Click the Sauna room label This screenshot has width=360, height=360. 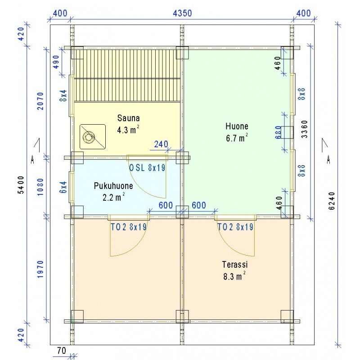point(128,118)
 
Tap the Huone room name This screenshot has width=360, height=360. point(237,126)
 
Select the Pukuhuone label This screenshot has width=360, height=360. point(113,186)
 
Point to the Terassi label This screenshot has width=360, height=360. point(235,265)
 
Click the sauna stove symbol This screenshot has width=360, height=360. point(93,137)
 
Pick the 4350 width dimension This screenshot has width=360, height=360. point(182,13)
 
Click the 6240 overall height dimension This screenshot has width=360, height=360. point(332,201)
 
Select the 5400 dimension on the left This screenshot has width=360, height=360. point(21,185)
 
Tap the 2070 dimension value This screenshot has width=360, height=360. point(40,101)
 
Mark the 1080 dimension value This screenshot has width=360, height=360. point(40,187)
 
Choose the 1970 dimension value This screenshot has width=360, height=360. point(40,269)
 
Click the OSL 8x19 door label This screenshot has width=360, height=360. point(147,168)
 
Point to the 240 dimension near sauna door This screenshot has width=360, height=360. point(161,144)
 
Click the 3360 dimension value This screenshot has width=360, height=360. point(304,129)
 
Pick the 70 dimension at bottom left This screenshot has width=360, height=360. point(61,351)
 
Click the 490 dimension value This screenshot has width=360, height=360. point(56,62)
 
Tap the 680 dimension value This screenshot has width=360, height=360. point(278,132)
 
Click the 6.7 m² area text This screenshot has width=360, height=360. point(237,138)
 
